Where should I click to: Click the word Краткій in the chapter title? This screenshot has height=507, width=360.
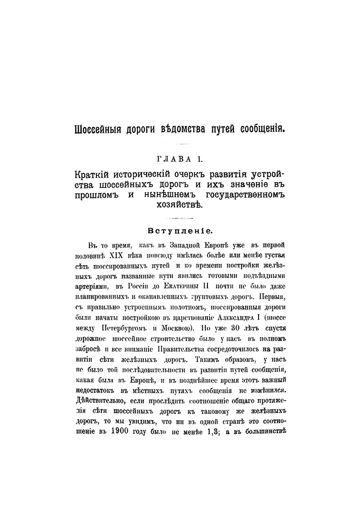[x=94, y=176]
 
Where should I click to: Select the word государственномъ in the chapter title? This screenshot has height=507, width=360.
[x=248, y=195]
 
